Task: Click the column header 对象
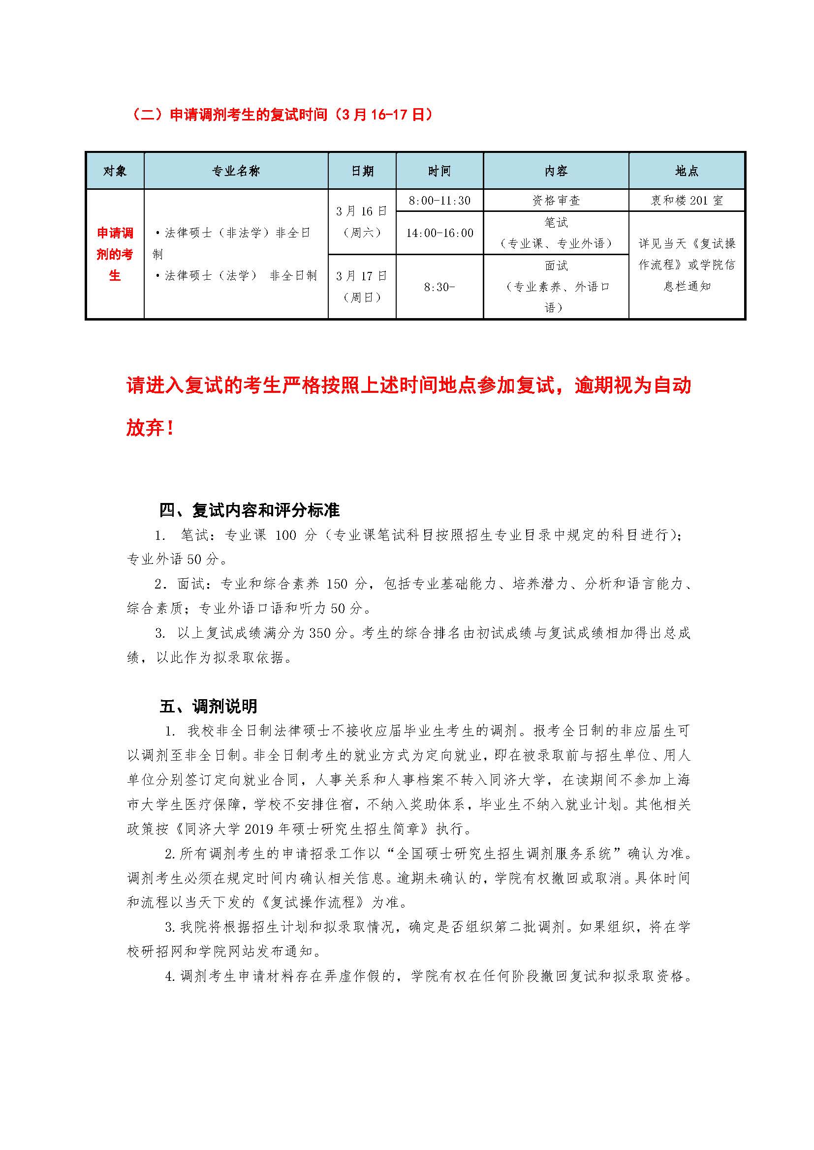(x=115, y=171)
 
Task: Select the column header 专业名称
(x=236, y=171)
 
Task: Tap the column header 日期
(x=362, y=171)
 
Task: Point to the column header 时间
(x=439, y=171)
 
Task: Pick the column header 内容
(x=556, y=171)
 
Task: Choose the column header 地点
(x=687, y=171)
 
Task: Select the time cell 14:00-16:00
(x=439, y=233)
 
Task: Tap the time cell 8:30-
(x=439, y=287)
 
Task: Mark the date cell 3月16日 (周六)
(x=362, y=222)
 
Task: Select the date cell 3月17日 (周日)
(x=362, y=287)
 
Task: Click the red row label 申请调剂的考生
(x=115, y=254)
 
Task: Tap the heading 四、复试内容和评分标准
(x=250, y=510)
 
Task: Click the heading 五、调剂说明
(x=209, y=706)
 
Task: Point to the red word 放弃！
(x=150, y=428)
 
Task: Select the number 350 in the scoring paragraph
(x=320, y=633)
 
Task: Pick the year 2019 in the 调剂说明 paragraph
(x=259, y=829)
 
